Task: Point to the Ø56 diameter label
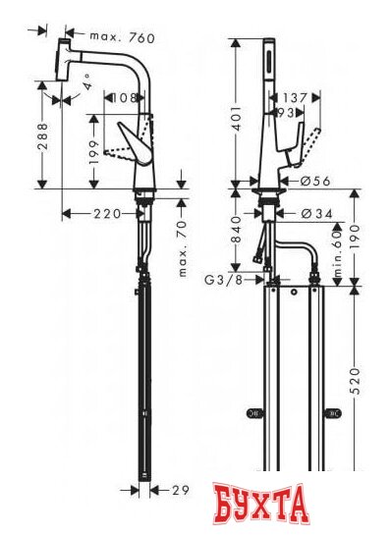[x=310, y=181]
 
